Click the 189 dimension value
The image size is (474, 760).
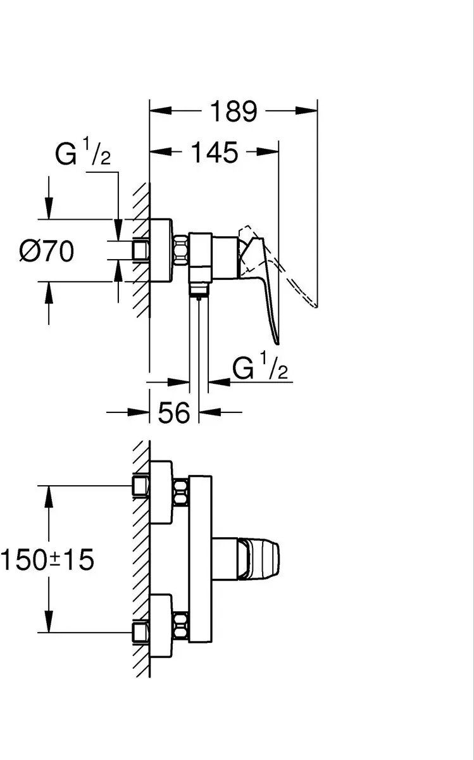[x=234, y=111]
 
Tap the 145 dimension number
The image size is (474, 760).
[x=215, y=153]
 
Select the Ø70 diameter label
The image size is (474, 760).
[x=46, y=251]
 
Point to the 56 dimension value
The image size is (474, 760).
[x=174, y=412]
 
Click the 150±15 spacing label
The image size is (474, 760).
[x=47, y=560]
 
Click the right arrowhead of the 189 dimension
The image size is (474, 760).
[x=306, y=110]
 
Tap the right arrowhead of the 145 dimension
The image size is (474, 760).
[x=268, y=151]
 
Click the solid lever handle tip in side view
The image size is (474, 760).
[x=278, y=343]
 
